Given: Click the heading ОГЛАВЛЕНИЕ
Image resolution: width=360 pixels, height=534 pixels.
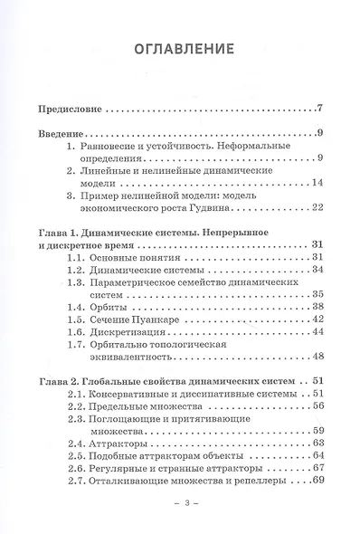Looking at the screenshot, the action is pyautogui.click(x=180, y=48).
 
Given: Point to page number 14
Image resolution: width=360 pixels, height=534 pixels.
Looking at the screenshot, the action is pyautogui.click(x=317, y=182).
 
